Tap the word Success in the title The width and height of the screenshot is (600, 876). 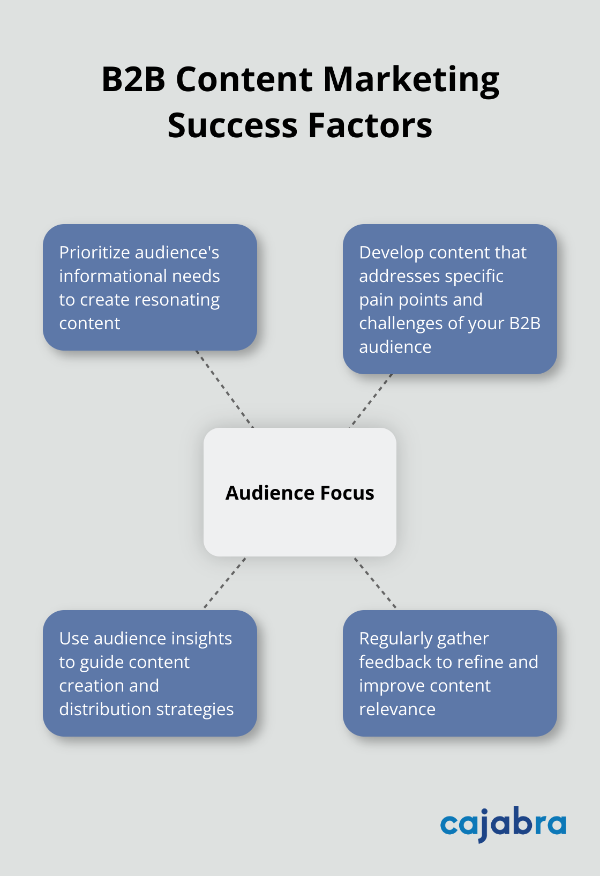pos(232,125)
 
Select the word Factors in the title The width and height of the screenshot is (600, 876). pos(370,125)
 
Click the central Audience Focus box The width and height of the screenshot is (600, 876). pos(299,492)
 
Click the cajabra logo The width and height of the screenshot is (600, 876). pos(503,824)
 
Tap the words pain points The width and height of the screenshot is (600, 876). pos(421,300)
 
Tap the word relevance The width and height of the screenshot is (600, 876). pos(397,709)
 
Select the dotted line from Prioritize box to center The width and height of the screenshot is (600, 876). pos(224,389)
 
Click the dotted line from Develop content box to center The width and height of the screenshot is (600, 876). pos(371,401)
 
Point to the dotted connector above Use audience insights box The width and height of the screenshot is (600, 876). pos(225,583)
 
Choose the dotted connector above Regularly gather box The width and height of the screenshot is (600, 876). pos(375,583)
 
